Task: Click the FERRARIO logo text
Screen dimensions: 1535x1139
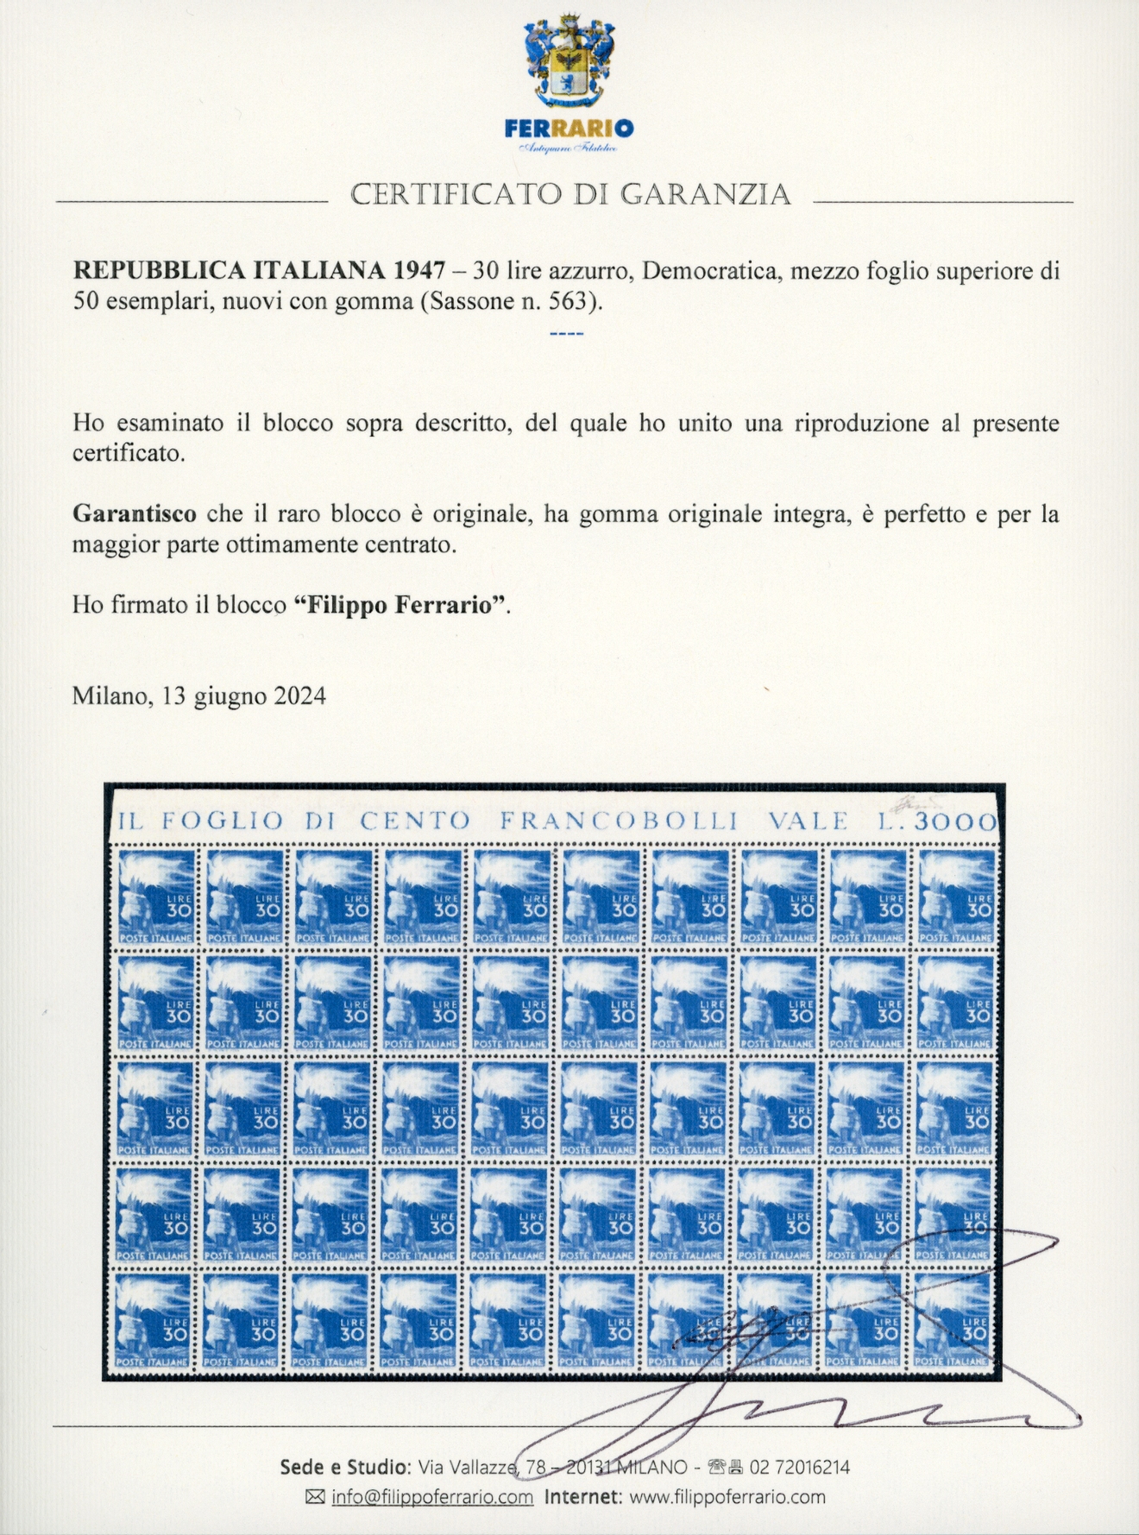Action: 569,129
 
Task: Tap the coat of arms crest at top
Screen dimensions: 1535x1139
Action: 569,60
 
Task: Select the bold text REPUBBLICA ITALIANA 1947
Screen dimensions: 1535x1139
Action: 258,270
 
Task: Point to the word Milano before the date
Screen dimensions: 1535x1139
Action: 110,695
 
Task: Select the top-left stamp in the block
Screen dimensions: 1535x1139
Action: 155,896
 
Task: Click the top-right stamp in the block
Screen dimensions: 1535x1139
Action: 956,896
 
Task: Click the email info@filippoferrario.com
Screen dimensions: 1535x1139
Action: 431,1497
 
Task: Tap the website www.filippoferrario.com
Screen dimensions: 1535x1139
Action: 727,1497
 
